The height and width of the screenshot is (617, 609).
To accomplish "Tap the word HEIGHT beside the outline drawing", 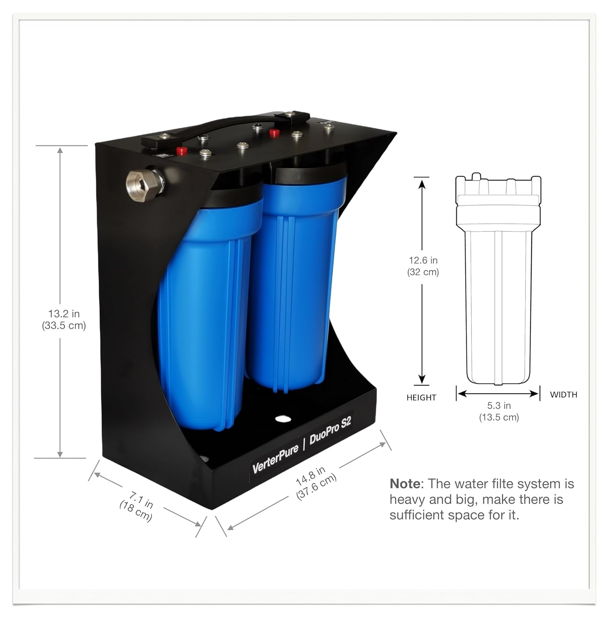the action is pyautogui.click(x=421, y=398).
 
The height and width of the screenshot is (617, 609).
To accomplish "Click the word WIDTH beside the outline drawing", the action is pyautogui.click(x=563, y=394).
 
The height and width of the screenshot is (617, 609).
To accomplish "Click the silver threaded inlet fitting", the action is pyautogui.click(x=145, y=182).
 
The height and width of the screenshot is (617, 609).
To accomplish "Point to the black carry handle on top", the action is pyautogui.click(x=220, y=128).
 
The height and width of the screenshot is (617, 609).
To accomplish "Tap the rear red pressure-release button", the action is pyautogui.click(x=274, y=132).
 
